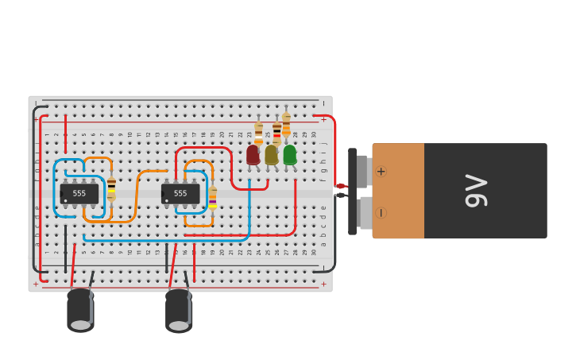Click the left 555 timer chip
(79, 193)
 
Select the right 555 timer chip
(180, 193)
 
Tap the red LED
(253, 154)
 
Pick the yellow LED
(272, 154)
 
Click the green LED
(290, 154)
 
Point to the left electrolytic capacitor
(80, 309)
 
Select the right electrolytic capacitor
(179, 310)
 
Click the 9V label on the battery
(475, 191)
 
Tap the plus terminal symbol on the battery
(381, 171)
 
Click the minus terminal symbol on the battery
(381, 213)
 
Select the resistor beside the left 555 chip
(111, 188)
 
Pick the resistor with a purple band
(212, 197)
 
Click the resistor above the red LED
(258, 133)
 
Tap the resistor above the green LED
(286, 124)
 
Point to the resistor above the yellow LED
(276, 131)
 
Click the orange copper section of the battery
(398, 191)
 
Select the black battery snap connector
(352, 191)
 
